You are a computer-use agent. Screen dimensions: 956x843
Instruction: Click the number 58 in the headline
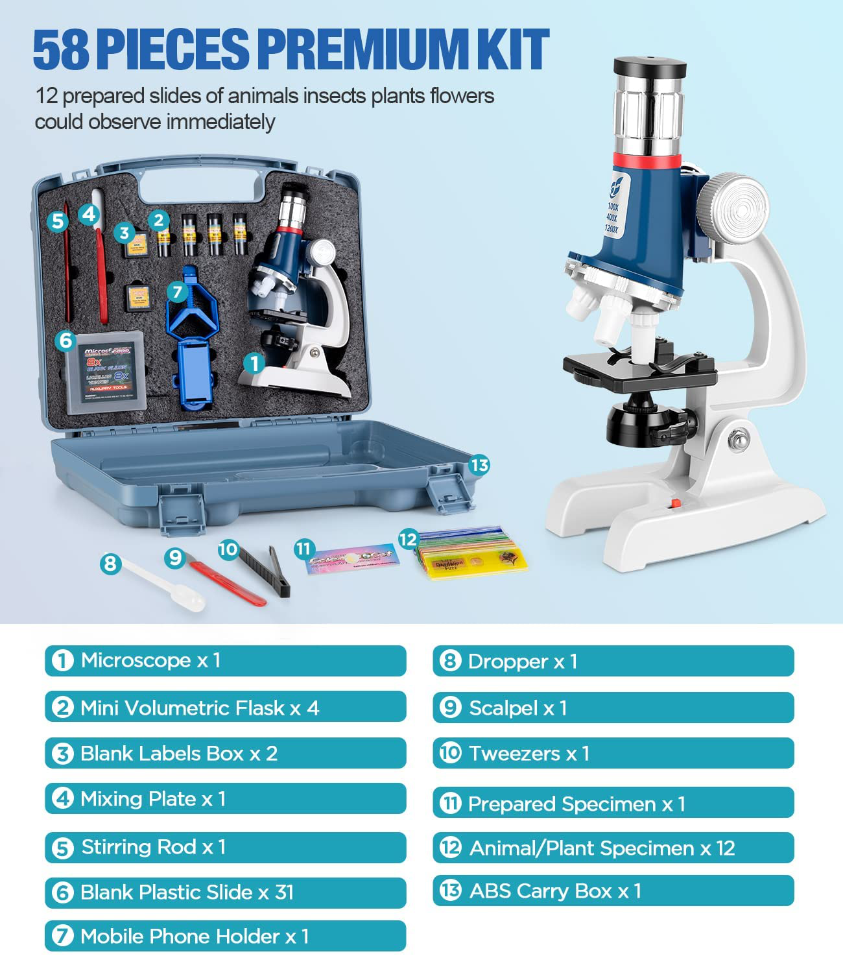61,50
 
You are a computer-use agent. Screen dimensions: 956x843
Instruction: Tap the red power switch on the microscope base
676,503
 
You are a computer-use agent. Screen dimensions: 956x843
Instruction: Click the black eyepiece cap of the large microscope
650,67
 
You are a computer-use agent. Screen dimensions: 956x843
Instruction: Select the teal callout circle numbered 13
479,465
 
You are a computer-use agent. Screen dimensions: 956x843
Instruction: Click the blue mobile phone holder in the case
195,344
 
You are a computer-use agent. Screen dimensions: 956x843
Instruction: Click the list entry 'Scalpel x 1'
613,708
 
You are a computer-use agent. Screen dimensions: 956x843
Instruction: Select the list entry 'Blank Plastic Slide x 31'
225,892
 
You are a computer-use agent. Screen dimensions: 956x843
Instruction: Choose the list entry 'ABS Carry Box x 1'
613,890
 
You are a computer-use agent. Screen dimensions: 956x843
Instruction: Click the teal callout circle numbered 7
178,291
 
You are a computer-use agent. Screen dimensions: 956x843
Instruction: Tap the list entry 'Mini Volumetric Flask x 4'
225,707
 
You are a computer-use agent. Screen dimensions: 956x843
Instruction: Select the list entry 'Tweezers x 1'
613,753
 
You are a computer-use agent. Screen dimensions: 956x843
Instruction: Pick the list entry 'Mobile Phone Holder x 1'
225,936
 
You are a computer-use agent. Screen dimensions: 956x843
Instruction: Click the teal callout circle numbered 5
58,221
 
